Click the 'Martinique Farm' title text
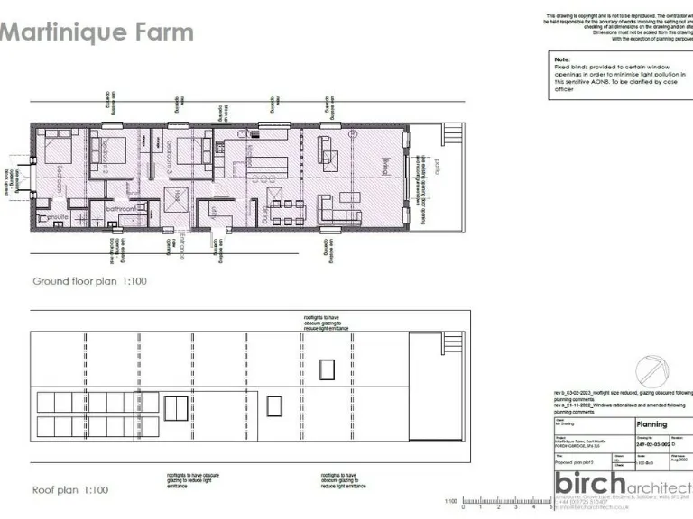coord(97,33)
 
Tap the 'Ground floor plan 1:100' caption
coord(89,281)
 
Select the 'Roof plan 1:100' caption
coord(70,490)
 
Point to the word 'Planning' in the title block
coord(651,424)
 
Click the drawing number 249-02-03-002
coord(652,444)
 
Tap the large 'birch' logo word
coord(590,484)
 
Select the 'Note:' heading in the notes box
coord(561,59)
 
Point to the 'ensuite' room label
coord(59,217)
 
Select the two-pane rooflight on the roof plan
coord(176,407)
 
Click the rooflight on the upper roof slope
coord(327,369)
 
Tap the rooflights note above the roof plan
coord(326,323)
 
